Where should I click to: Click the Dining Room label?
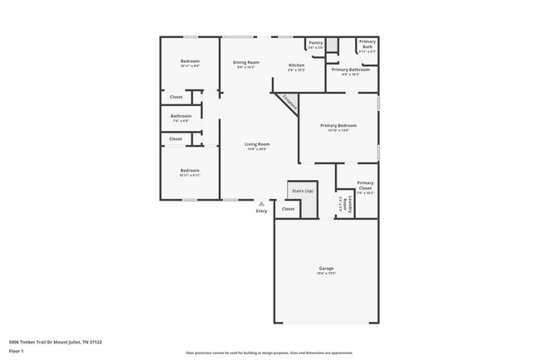(245, 63)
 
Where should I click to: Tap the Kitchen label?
(296, 66)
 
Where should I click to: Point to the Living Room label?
(257, 144)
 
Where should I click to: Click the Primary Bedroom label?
(337, 125)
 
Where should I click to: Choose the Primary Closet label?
(365, 183)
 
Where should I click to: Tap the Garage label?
(326, 268)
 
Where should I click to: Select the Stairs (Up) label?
(303, 191)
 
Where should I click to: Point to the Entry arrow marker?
(262, 202)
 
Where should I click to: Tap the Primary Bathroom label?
(350, 70)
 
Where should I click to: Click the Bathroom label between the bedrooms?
(181, 116)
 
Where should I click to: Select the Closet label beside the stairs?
(288, 209)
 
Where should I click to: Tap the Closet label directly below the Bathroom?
(176, 139)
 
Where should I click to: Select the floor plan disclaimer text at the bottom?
(269, 352)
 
